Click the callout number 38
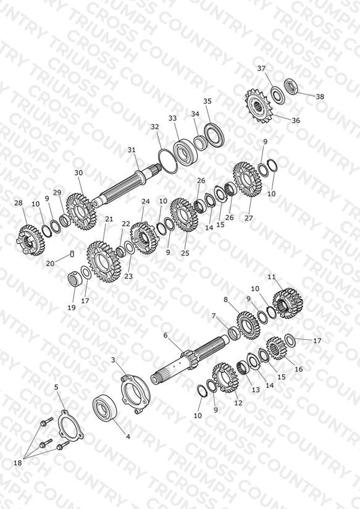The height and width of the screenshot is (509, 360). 320,96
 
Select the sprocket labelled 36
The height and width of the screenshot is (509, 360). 257,106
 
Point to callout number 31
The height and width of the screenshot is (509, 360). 131,150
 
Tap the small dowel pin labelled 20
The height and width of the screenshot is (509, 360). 72,253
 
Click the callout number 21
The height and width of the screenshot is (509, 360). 109,219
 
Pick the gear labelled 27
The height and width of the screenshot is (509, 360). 248,180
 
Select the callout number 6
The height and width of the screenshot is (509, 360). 165,335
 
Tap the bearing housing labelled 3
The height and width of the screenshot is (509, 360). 135,393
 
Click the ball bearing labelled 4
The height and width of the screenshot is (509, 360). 104,408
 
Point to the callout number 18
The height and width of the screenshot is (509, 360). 18,463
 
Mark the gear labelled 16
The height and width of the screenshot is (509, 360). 275,348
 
